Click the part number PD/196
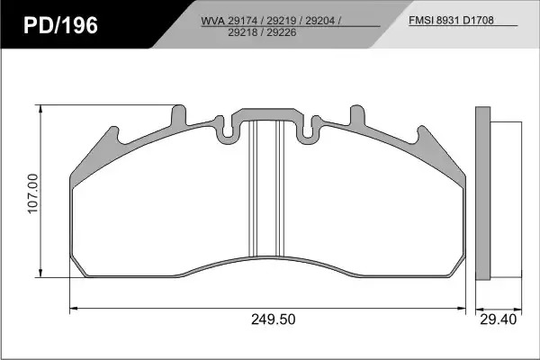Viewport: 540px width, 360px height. point(60,25)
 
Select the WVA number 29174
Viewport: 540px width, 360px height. point(243,21)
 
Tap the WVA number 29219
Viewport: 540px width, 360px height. point(282,21)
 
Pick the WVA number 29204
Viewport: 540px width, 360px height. point(319,21)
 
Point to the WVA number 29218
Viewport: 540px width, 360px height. point(243,32)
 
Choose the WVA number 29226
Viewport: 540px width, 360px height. point(282,32)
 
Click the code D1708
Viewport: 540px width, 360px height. point(478,21)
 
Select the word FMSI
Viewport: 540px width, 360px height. point(421,21)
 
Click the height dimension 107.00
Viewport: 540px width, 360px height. point(32,193)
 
